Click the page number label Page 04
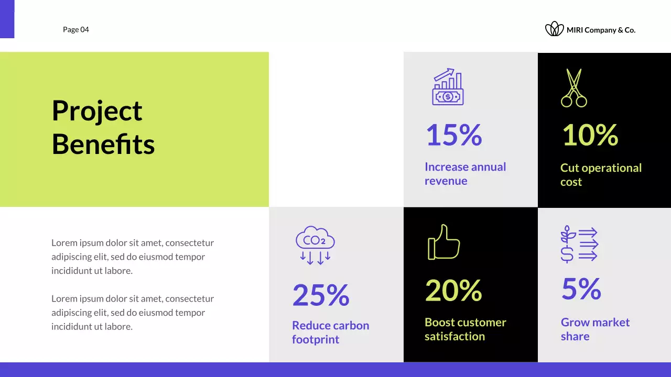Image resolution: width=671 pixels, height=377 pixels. (76, 30)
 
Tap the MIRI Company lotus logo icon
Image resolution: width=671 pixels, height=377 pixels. (554, 29)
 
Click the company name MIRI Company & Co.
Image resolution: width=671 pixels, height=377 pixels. (601, 30)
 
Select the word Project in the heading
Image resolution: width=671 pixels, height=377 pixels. (97, 111)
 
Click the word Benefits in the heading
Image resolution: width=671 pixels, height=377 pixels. (103, 145)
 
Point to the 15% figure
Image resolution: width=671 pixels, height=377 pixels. (453, 135)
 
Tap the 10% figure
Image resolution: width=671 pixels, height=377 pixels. (590, 135)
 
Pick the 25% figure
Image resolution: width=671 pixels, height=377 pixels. (320, 295)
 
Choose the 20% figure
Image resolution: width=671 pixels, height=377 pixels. (453, 290)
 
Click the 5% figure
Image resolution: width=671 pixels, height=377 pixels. (581, 289)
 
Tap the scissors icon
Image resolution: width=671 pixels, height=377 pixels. (573, 88)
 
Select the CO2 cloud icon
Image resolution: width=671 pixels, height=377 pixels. (315, 245)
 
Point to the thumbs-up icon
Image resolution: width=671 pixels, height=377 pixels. (443, 242)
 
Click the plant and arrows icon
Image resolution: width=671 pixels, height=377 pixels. (579, 244)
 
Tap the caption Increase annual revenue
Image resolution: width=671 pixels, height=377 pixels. (465, 174)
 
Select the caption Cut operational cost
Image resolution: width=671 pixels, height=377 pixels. (601, 175)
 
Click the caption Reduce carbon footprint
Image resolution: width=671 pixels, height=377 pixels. (330, 332)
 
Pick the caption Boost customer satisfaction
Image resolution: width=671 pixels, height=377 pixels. (465, 329)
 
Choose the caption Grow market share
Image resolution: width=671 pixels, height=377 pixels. (595, 329)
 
